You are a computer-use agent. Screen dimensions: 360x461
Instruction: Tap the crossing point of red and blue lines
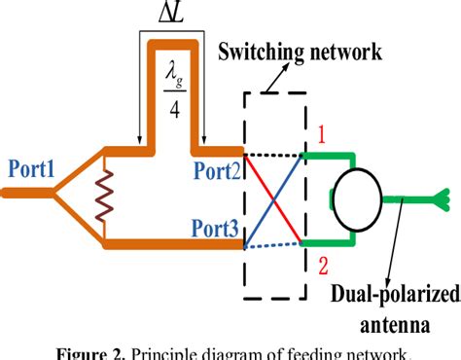274,199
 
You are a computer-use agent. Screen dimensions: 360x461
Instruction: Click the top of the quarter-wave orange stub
172,45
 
